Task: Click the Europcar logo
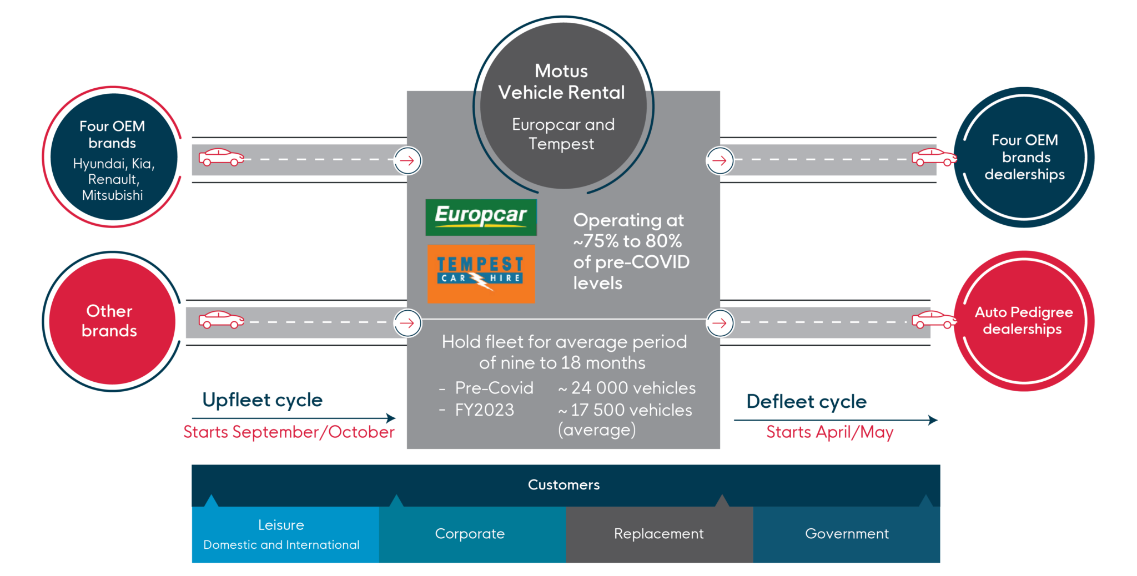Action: (481, 217)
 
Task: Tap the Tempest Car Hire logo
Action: (481, 274)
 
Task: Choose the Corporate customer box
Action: (470, 534)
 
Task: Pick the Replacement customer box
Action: (659, 534)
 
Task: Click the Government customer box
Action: (847, 534)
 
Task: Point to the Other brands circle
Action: (110, 321)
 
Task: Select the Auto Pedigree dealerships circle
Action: (1024, 321)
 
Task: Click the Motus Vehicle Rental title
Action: (562, 82)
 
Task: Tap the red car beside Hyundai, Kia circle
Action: (221, 158)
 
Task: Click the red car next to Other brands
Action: (221, 320)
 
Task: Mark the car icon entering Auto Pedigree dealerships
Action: (934, 320)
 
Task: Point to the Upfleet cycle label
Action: (263, 400)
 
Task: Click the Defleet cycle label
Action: (806, 402)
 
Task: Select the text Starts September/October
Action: (289, 432)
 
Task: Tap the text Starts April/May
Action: (829, 432)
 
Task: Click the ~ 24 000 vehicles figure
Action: (627, 388)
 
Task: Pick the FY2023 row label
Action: (484, 410)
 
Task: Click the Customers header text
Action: (564, 485)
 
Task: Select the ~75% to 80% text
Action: (627, 241)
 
